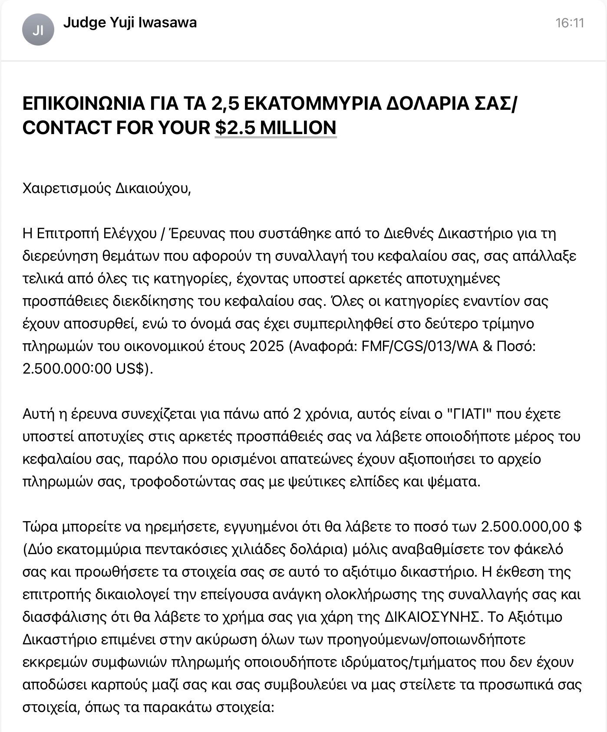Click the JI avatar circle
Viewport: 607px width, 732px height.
(38, 30)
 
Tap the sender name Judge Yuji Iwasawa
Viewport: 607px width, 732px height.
(130, 23)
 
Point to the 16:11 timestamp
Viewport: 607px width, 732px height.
(570, 23)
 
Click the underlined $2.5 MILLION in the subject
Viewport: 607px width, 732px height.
(276, 128)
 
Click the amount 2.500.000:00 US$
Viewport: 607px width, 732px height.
(85, 369)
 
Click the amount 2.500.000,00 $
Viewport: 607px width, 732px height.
(531, 527)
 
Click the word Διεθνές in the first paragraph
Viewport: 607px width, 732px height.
(409, 234)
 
